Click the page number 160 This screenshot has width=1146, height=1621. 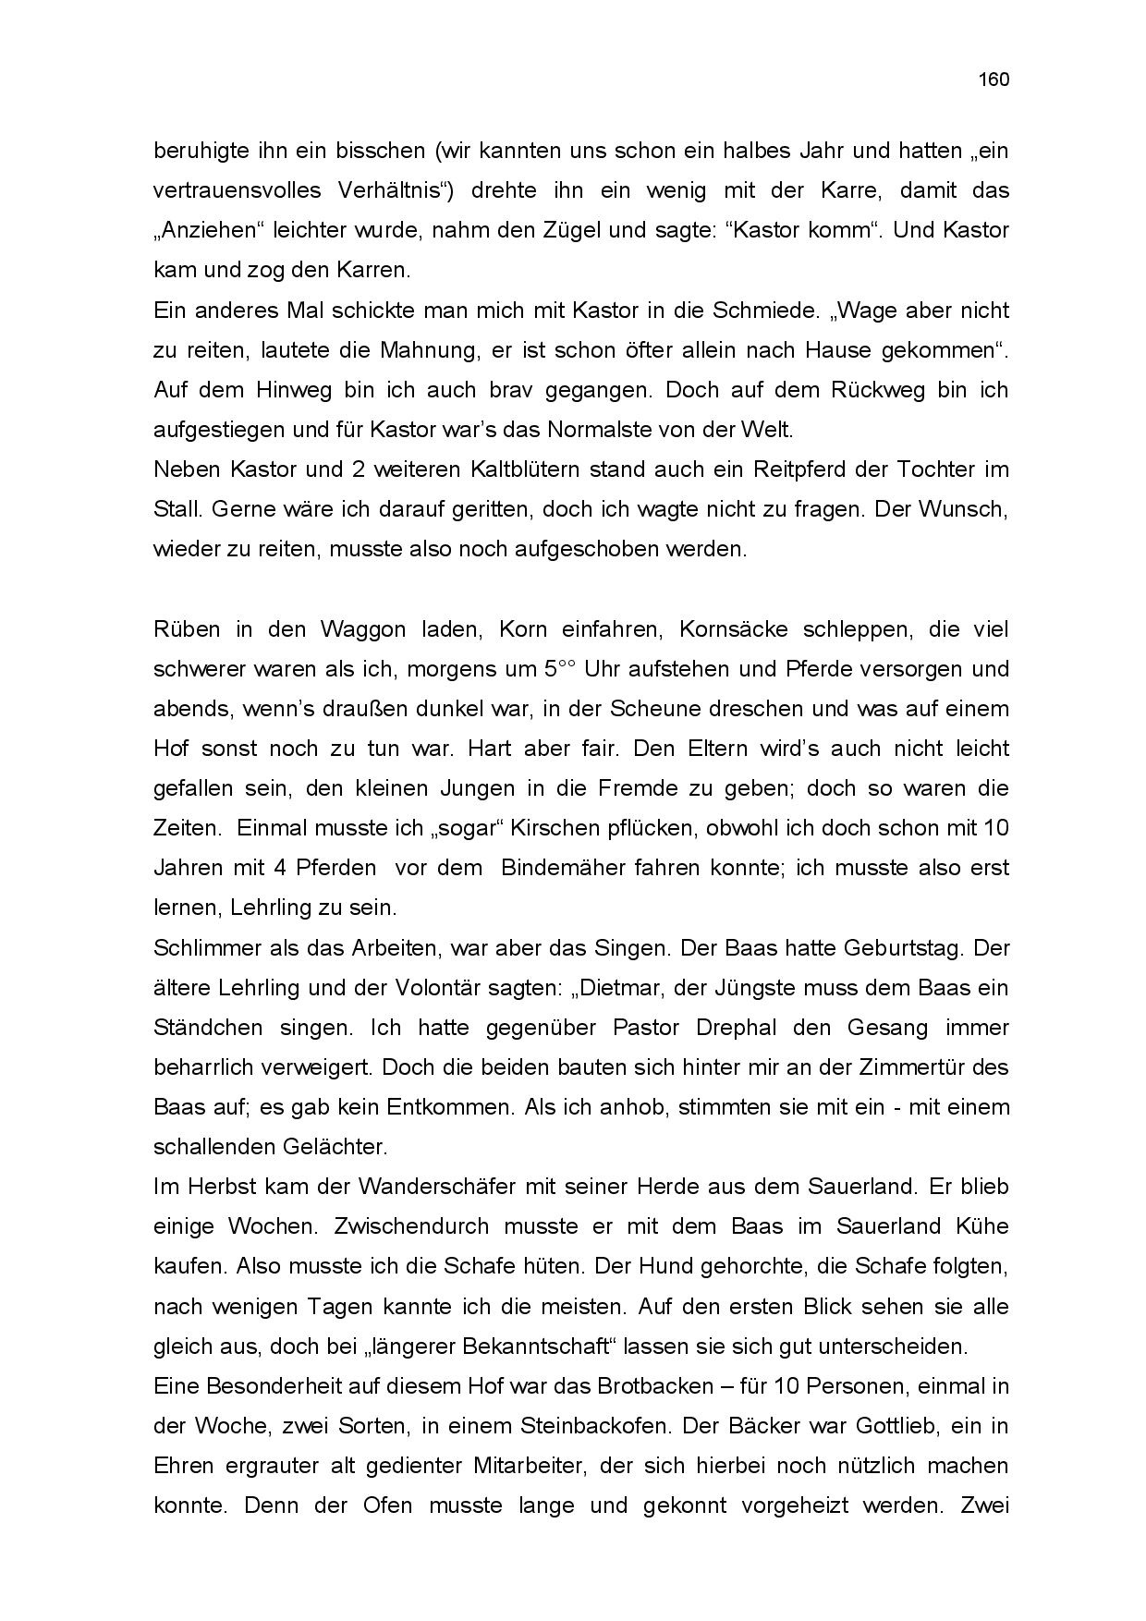pos(994,79)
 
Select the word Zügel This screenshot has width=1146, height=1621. pos(574,231)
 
